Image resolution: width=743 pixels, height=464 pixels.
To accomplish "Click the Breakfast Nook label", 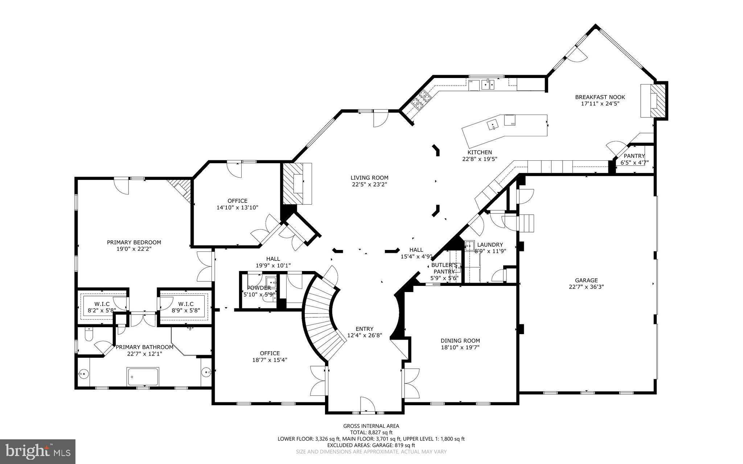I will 600,97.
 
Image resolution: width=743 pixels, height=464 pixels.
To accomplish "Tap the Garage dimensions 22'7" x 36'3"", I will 586,287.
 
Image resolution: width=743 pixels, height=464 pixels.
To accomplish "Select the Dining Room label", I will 460,341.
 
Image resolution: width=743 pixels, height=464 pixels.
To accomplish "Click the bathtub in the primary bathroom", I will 143,377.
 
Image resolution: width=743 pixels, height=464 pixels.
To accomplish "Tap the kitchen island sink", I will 493,125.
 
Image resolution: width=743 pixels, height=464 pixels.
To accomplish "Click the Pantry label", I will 634,156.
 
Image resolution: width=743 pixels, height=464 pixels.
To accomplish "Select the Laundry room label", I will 490,245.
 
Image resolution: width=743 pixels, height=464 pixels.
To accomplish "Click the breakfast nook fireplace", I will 658,100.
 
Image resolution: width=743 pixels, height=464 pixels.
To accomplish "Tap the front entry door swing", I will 367,404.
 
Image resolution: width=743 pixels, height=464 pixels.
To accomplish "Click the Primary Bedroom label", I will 134,242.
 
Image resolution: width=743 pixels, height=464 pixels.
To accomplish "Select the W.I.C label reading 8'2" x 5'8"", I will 102,304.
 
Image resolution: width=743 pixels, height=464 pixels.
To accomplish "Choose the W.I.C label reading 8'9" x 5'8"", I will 186,304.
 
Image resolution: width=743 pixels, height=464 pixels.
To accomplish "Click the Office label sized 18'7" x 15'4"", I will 270,353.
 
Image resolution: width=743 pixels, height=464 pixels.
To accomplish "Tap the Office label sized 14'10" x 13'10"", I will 238,201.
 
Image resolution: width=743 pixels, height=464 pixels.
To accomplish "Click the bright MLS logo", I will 38,451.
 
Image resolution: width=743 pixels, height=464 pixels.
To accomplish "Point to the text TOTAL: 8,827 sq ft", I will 371,432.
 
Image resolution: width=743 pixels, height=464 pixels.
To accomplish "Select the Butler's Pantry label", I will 444,268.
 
